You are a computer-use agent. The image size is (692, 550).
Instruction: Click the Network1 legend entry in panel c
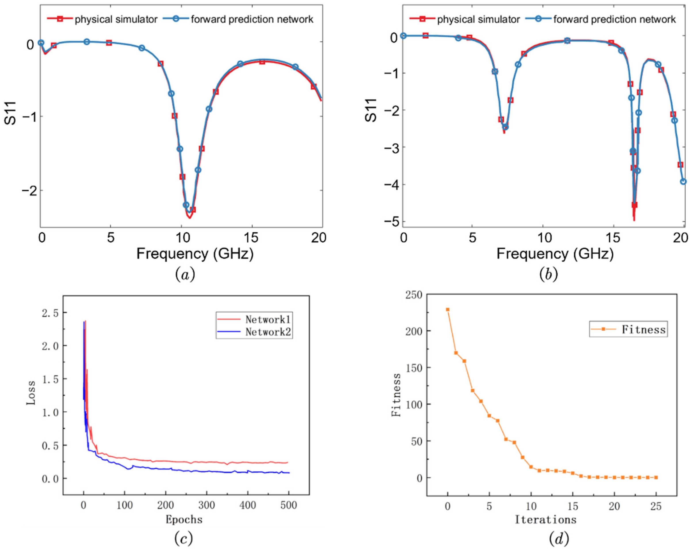point(268,319)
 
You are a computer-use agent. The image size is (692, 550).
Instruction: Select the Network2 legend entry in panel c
point(268,332)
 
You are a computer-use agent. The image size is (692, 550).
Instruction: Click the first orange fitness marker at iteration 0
point(447,310)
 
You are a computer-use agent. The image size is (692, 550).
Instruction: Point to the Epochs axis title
point(184,519)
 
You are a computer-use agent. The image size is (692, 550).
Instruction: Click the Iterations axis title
point(546,519)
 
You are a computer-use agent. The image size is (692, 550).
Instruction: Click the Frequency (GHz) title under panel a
point(195,254)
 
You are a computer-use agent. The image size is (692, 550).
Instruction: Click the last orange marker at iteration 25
point(656,477)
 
